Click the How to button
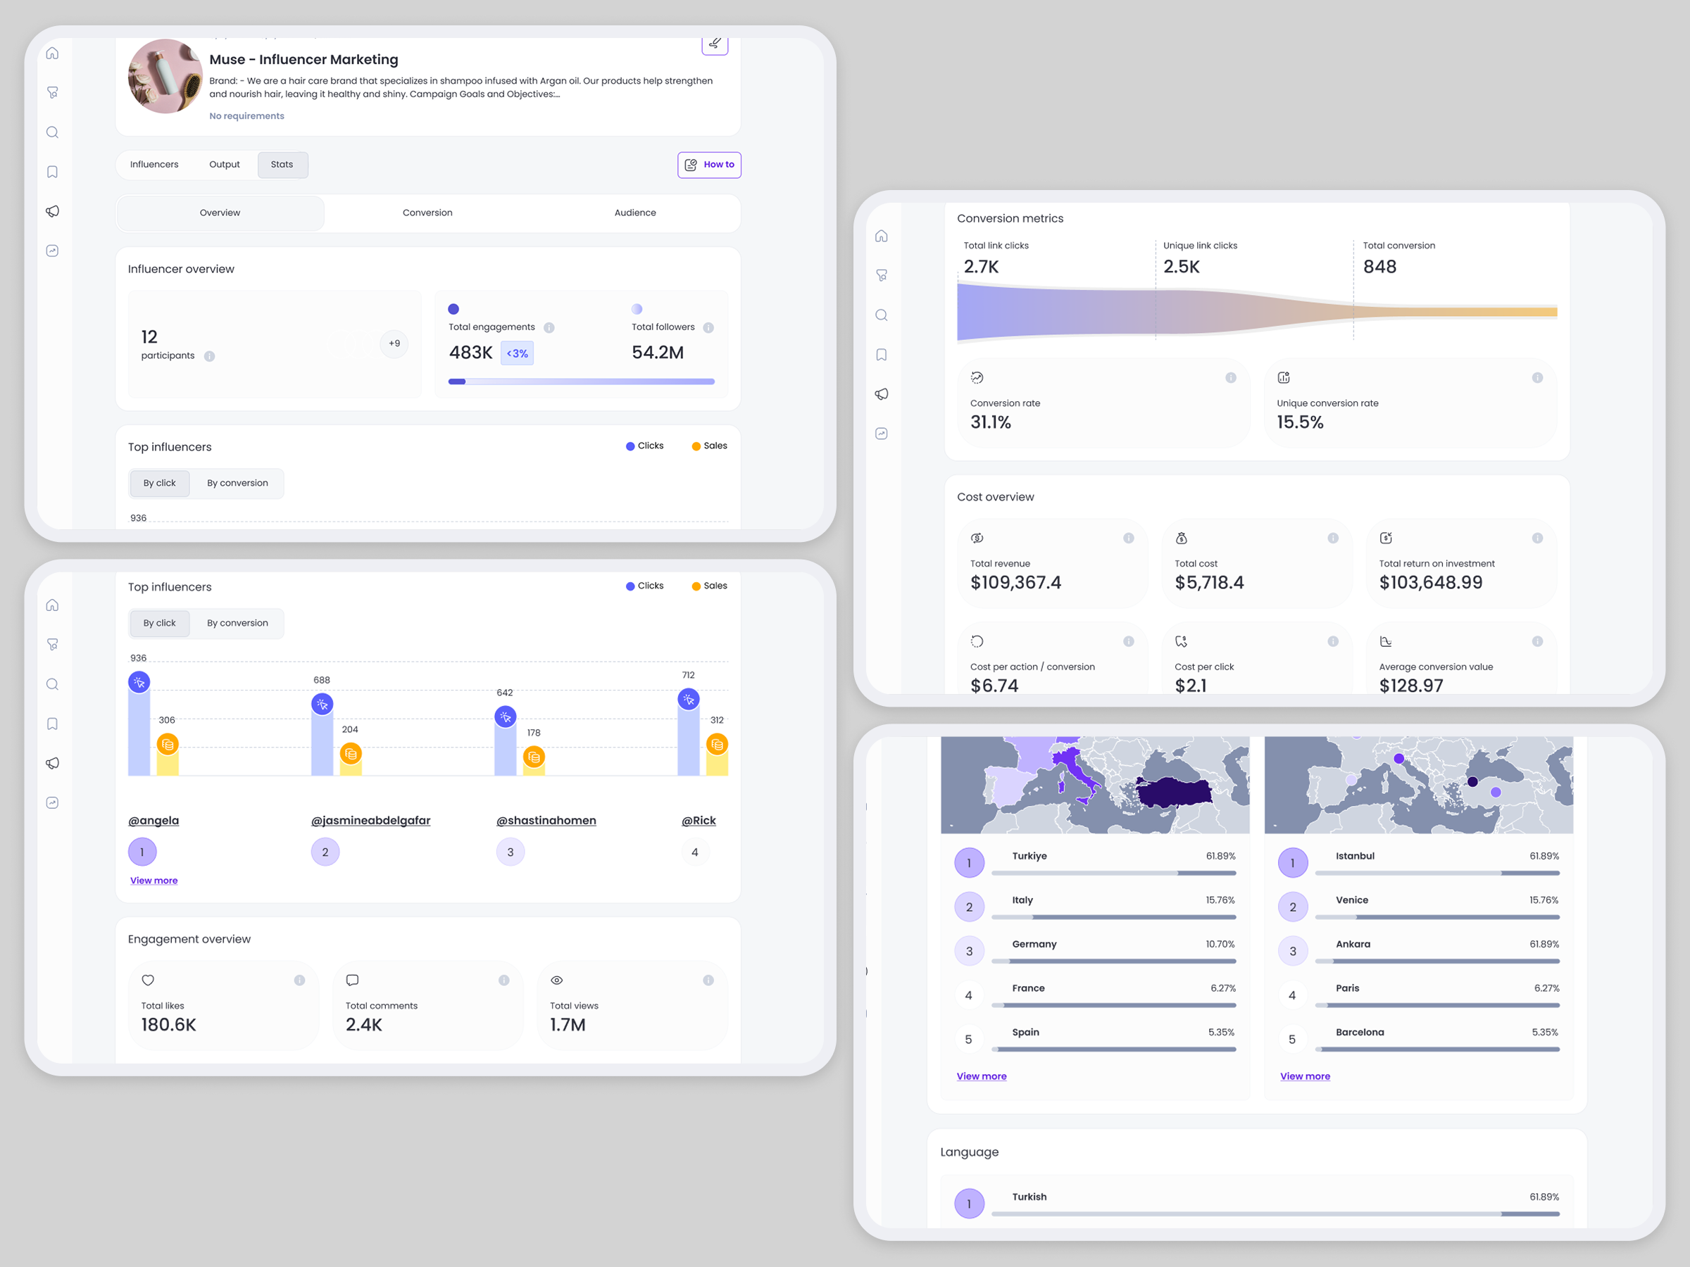point(709,165)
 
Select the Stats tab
point(282,165)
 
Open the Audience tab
point(635,213)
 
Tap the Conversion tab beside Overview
point(427,213)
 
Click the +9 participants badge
point(394,343)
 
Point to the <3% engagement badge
point(518,353)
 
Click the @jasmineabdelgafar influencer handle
point(370,820)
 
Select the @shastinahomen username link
point(546,820)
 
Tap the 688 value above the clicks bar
point(322,680)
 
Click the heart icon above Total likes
point(148,980)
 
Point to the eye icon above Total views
point(557,980)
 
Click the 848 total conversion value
point(1379,267)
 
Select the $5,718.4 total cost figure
point(1210,583)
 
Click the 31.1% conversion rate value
point(990,422)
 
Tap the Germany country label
point(1034,944)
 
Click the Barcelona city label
point(1360,1032)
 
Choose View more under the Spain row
point(982,1076)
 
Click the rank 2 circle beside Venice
point(1293,907)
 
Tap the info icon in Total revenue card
point(1129,538)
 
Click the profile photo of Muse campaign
point(165,76)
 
